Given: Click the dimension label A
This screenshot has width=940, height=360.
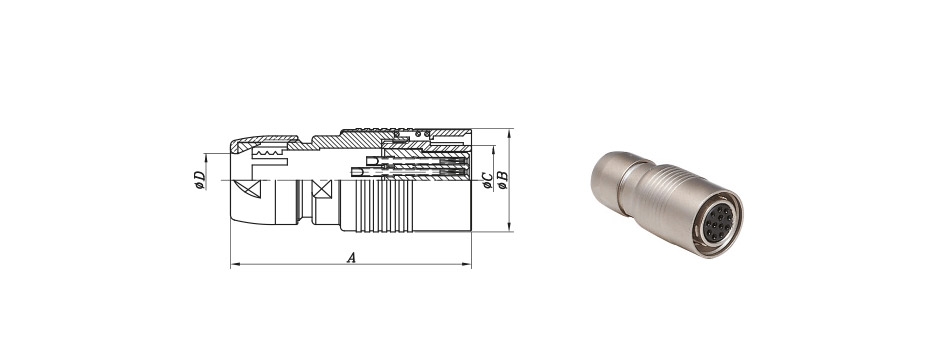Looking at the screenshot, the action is (x=352, y=258).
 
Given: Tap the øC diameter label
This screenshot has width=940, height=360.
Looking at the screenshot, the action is (x=488, y=180).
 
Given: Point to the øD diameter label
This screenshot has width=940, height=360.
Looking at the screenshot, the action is (x=200, y=180).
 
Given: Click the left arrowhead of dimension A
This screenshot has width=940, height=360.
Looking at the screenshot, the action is (x=234, y=264).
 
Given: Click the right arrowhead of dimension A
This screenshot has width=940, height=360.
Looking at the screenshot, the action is (x=467, y=264).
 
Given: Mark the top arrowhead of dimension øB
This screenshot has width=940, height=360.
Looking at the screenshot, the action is (x=509, y=132).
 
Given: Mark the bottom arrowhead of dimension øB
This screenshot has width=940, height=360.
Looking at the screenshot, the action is (x=509, y=228).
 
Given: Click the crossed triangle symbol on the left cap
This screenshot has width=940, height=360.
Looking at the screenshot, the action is (x=251, y=189).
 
